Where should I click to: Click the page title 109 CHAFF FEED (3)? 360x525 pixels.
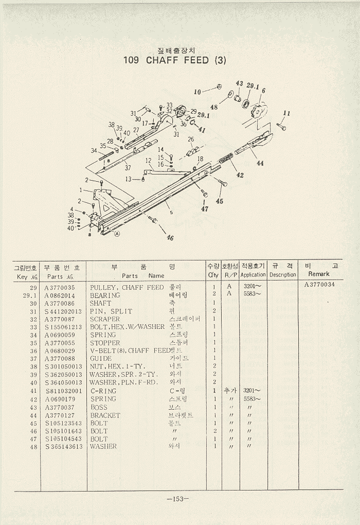174,60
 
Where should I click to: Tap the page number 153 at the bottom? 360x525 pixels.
178,498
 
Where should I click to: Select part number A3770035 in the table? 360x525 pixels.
60,287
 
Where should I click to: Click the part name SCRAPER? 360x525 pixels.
105,319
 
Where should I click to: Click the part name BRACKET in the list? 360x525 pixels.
105,415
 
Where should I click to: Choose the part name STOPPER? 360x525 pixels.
105,343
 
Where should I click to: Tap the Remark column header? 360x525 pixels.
319,274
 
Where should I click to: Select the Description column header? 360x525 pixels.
283,275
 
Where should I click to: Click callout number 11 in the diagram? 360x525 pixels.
287,114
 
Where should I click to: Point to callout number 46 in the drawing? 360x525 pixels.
170,238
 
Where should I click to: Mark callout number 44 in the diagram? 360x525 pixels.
260,163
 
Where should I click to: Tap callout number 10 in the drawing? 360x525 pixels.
197,92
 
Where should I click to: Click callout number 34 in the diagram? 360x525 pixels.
94,151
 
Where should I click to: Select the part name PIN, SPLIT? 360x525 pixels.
111,311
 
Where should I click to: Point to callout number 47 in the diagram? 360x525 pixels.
205,209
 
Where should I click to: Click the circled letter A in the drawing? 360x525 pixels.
117,233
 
